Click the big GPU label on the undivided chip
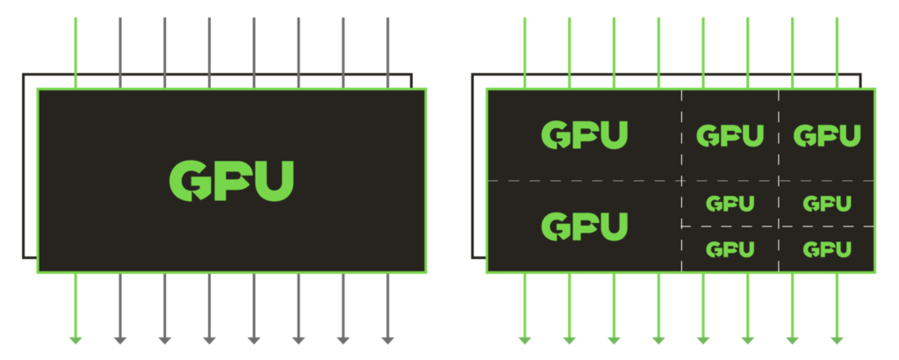tap(231, 181)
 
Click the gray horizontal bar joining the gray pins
tap(263, 82)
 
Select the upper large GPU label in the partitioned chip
tap(585, 135)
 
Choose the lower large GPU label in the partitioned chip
tap(585, 227)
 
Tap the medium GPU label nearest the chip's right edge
tap(827, 136)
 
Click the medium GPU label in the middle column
tap(730, 136)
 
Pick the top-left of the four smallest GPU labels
tap(730, 204)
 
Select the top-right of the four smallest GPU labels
tap(827, 204)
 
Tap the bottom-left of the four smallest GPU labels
tap(730, 249)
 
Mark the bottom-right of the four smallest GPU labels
tap(827, 249)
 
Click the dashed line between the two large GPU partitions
tap(584, 181)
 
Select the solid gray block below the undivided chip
tap(404, 307)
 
